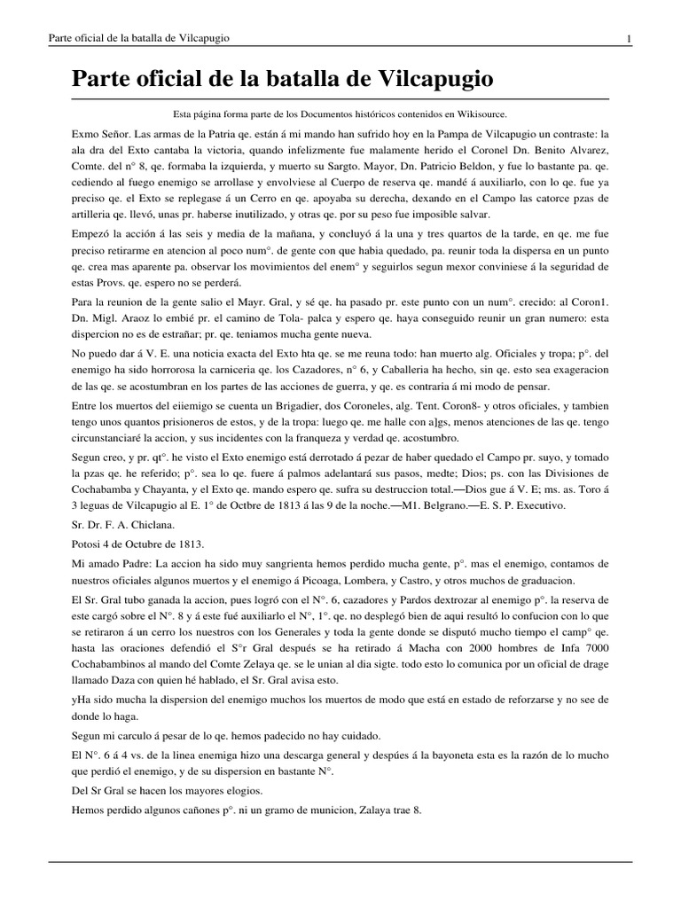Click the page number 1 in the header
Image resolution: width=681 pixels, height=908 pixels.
coord(629,38)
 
